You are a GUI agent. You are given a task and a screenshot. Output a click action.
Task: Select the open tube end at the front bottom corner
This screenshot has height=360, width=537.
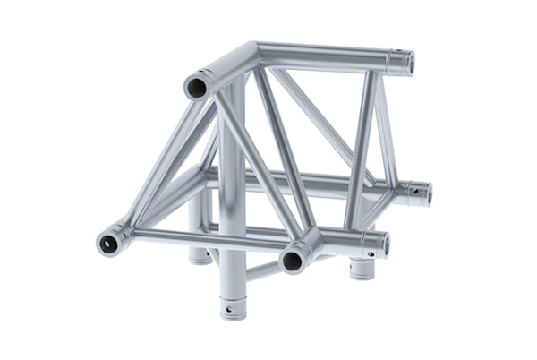coord(292,261)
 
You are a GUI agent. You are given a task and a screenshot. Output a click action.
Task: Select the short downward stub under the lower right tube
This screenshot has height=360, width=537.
coord(362,267)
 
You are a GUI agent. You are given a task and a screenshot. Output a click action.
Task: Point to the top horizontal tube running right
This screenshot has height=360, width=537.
coord(313,54)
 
